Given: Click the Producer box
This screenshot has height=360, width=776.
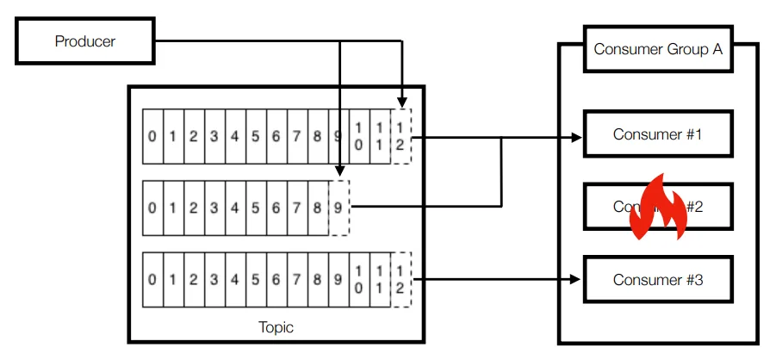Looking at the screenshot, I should coord(85,40).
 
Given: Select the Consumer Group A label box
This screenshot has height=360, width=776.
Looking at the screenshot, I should coord(658,48).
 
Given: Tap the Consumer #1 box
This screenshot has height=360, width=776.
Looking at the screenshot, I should coord(658,134).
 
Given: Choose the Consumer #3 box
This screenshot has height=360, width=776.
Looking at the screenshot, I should coord(658,279).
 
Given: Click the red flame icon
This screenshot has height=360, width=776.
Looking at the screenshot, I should coord(658,208).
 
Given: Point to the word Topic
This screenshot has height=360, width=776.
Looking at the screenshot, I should coord(276,327).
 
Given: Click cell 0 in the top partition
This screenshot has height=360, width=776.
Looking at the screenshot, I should coord(152,136).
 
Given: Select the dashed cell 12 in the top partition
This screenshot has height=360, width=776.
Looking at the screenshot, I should coord(401,136).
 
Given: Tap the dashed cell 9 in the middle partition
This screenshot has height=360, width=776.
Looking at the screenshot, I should coord(339,208).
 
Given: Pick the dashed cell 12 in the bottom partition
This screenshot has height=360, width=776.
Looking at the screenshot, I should coord(401,279).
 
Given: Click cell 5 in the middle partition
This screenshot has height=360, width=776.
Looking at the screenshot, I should coord(256,208).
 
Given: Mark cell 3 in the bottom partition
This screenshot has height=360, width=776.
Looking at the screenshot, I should coord(214,279).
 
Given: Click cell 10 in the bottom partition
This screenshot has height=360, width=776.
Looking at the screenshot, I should coord(359,279).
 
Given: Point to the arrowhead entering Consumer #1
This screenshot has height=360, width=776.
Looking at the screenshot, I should coord(576,136).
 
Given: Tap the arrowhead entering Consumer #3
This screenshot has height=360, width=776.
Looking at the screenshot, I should coord(576,279).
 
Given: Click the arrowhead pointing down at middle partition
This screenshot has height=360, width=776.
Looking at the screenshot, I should coord(339,173).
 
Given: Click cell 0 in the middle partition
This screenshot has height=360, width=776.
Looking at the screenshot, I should coord(152,208).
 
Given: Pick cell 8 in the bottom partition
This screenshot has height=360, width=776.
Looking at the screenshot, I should coord(318,279).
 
